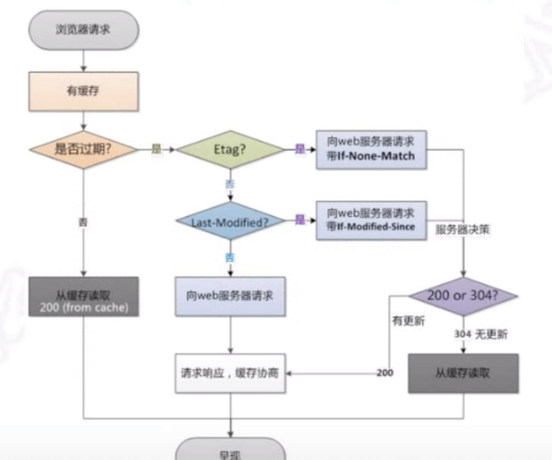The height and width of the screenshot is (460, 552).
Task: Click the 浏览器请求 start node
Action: point(83,29)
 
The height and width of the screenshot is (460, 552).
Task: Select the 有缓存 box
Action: point(83,92)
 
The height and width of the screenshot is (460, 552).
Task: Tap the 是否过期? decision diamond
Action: point(83,149)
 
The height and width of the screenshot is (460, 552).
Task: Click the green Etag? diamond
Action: point(231,150)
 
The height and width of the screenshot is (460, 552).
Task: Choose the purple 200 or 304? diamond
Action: point(463,295)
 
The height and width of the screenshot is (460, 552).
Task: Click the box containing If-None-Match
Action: point(371,150)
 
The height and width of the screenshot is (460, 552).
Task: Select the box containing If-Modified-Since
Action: point(371,220)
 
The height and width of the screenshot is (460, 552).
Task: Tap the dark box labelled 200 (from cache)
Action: point(83,297)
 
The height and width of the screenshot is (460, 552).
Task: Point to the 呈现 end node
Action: point(231,453)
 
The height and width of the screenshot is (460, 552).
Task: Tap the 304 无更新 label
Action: point(480,335)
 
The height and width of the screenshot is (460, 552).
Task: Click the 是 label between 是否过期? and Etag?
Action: point(156,150)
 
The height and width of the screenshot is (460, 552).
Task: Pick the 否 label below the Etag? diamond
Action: point(230,184)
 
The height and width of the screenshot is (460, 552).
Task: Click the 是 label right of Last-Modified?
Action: point(300,220)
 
